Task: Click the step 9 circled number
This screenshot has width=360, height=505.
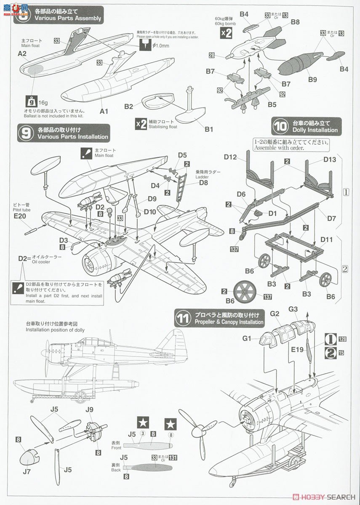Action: [x=26, y=133]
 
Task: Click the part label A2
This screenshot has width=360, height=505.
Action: [x=22, y=53]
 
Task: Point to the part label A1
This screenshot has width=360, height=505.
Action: [x=104, y=112]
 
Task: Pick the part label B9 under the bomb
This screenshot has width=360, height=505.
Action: [x=312, y=79]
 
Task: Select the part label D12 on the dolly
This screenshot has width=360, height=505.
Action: [x=230, y=157]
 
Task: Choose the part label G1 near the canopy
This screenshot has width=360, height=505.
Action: [x=247, y=338]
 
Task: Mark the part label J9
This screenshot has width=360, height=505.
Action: [x=89, y=409]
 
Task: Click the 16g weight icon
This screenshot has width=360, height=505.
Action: [x=31, y=101]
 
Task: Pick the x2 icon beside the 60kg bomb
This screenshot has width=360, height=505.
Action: [x=226, y=34]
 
